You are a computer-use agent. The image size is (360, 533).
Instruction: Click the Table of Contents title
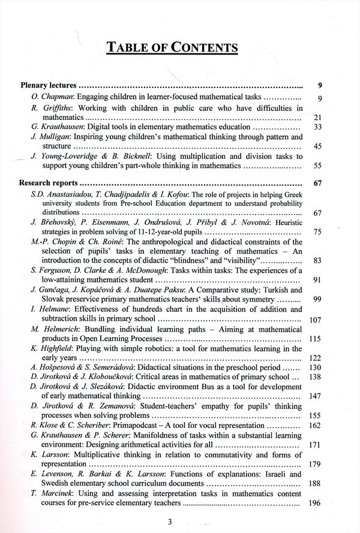tap(172, 48)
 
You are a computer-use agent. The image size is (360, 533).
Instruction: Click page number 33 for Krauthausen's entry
tap(318, 127)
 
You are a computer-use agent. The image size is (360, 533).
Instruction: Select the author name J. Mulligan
tap(49, 137)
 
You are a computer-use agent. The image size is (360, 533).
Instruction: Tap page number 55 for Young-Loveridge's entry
tap(318, 165)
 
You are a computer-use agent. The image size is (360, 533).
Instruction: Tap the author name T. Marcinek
tap(50, 493)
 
